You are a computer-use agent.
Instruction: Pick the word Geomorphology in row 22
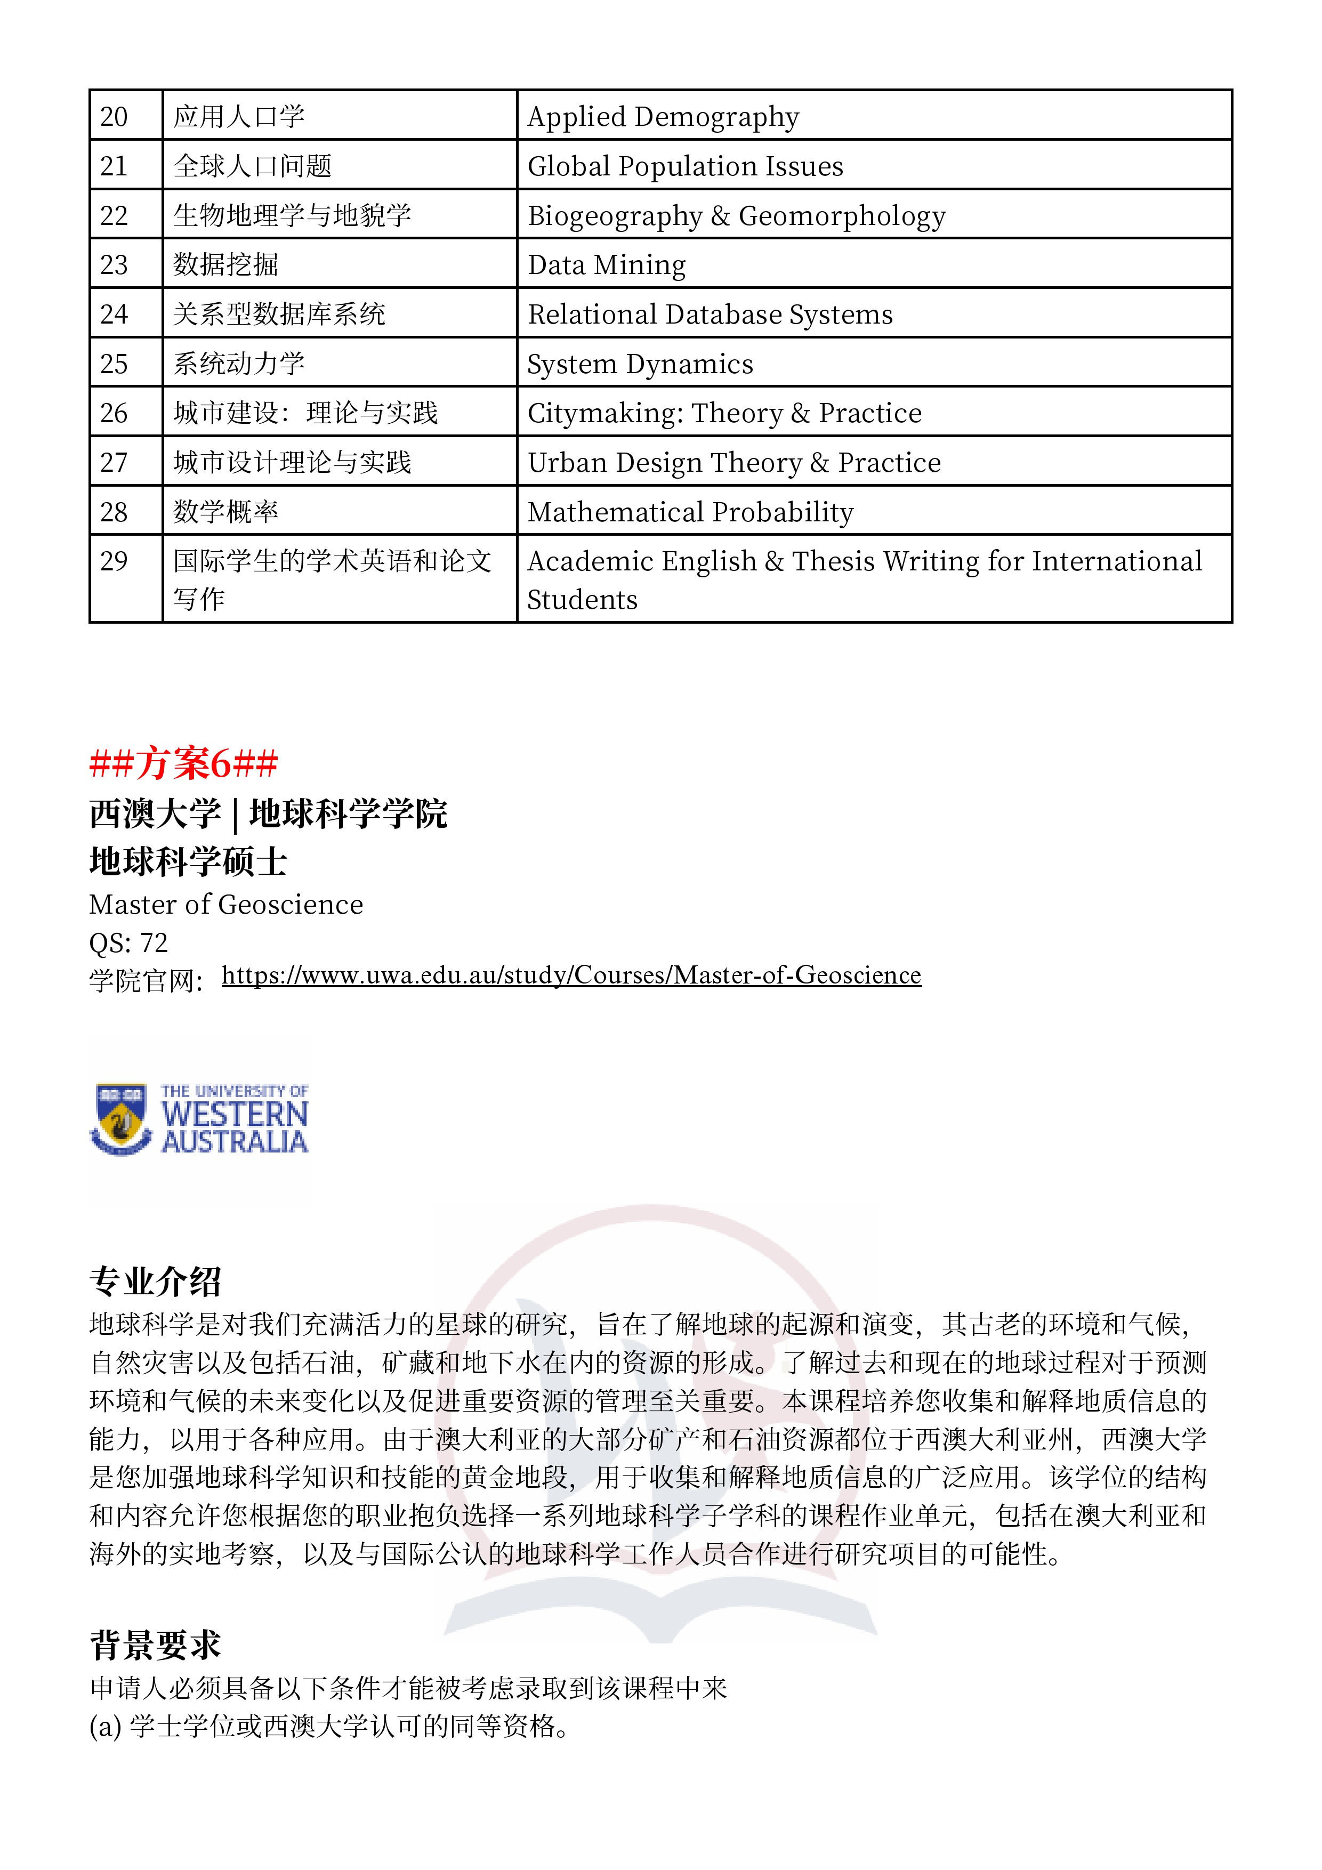(842, 216)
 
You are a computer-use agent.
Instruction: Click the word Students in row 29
(583, 600)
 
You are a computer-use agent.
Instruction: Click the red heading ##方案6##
(184, 763)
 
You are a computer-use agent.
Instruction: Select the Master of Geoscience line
(227, 904)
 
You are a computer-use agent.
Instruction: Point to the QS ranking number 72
(154, 942)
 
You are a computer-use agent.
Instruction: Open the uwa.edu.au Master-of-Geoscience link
(571, 975)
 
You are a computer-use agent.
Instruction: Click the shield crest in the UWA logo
(120, 1118)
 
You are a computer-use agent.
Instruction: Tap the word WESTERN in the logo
(235, 1114)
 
